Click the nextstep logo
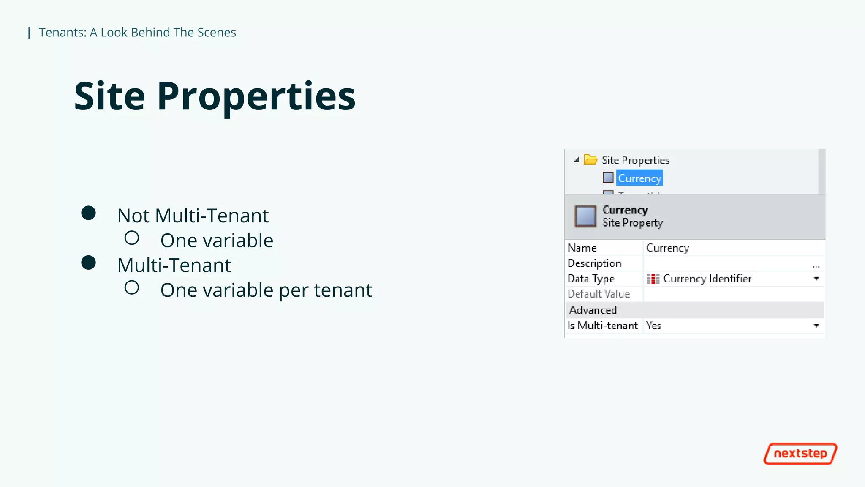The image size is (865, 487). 800,454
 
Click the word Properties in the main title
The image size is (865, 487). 256,97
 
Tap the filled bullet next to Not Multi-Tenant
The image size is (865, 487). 88,213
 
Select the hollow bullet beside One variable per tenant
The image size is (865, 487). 132,288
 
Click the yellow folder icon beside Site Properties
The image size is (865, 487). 590,160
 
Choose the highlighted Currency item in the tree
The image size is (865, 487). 639,178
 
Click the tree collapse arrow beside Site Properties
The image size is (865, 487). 577,160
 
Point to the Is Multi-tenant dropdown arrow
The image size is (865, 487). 816,326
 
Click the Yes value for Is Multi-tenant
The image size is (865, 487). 654,326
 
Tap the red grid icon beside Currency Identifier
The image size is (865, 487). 653,279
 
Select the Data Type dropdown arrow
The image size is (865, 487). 816,279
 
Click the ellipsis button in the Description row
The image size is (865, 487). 816,265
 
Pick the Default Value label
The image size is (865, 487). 598,294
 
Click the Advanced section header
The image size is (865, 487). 593,310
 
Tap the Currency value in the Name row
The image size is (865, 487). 667,248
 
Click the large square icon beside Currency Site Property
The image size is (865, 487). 585,216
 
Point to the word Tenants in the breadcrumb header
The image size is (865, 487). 62,33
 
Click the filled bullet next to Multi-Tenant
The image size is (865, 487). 88,263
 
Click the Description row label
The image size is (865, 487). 594,263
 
